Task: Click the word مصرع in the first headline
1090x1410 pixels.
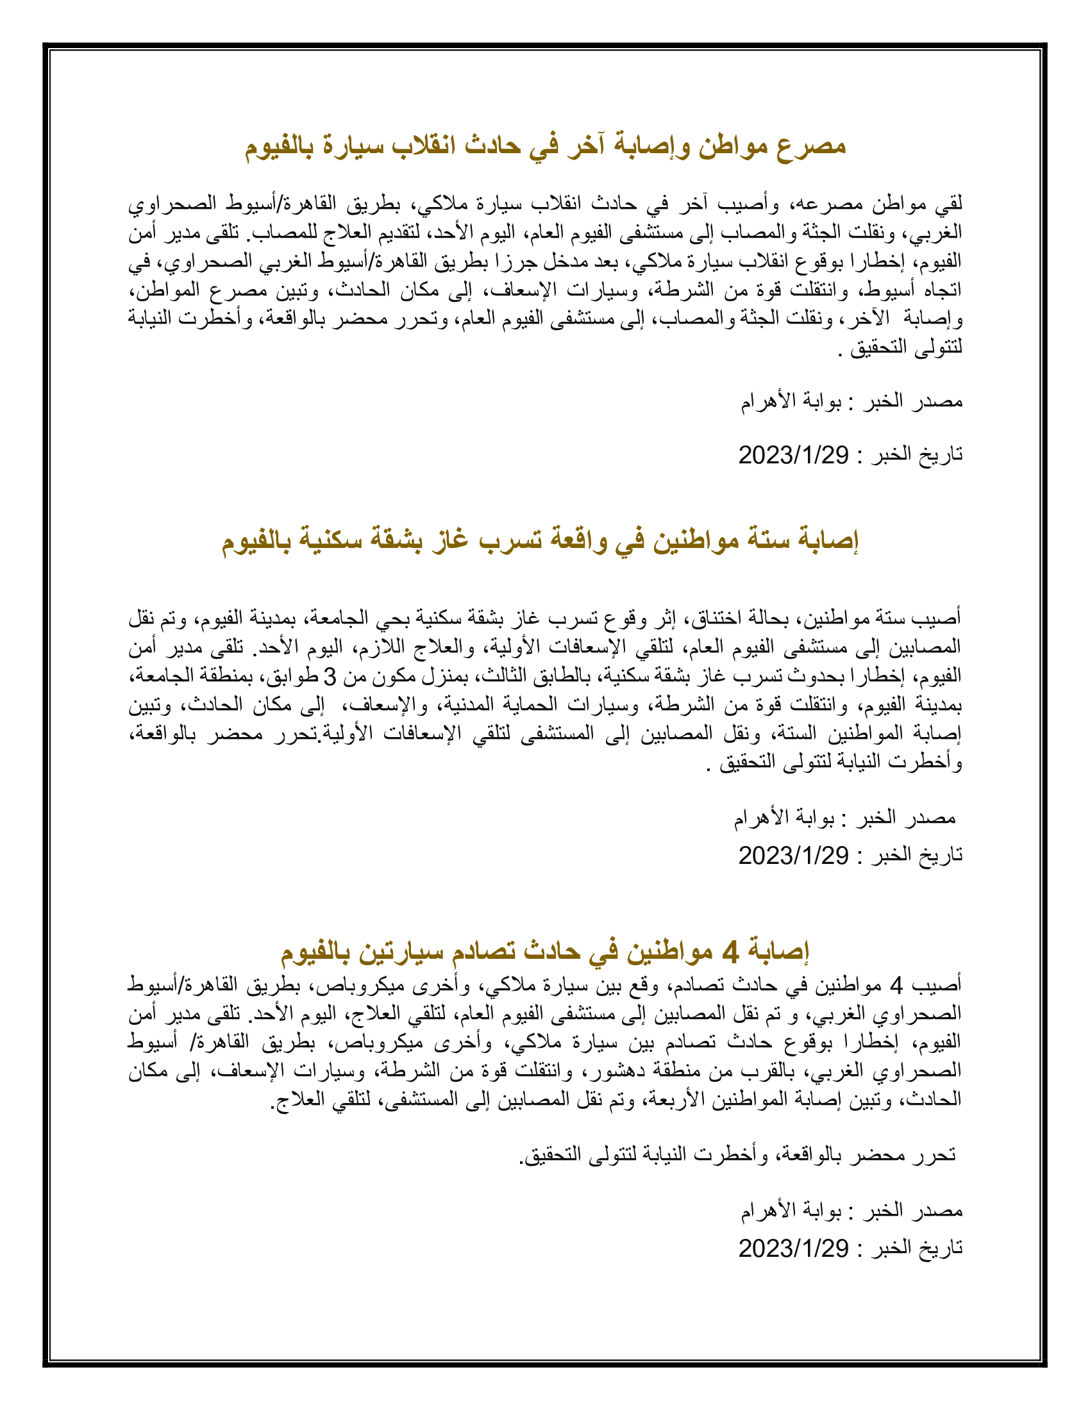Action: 810,146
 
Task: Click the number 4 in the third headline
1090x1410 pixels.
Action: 730,951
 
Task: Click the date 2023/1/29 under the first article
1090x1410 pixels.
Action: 793,455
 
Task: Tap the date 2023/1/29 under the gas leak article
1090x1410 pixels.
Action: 793,856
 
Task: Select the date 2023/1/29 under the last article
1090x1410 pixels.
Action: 793,1248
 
